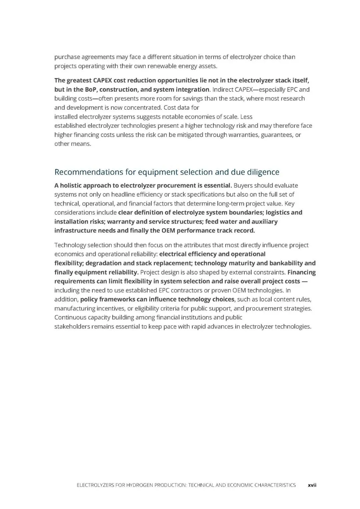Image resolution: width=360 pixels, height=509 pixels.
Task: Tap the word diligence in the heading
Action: [x=263, y=172]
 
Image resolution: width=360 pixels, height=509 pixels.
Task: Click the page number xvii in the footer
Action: [x=312, y=485]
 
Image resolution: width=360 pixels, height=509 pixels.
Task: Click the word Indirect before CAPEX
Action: [x=223, y=89]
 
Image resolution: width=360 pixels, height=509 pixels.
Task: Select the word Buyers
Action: [x=243, y=185]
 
